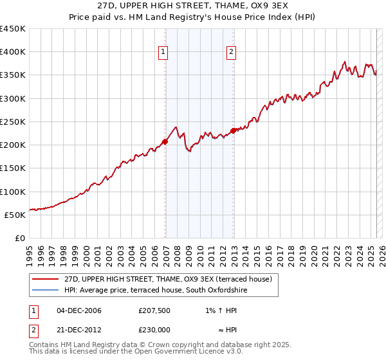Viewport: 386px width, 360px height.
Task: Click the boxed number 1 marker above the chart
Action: pos(163,53)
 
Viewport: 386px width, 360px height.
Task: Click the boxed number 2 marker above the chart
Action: pos(231,53)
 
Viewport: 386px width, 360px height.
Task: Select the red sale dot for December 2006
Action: pos(165,141)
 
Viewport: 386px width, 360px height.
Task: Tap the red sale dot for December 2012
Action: pos(234,131)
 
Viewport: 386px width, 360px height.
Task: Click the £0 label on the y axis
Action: pos(19,238)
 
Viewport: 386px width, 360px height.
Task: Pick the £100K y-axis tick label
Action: pos(13,192)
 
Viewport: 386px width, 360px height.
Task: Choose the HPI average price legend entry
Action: pos(156,291)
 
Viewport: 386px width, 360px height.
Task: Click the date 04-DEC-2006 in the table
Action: pos(79,310)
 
